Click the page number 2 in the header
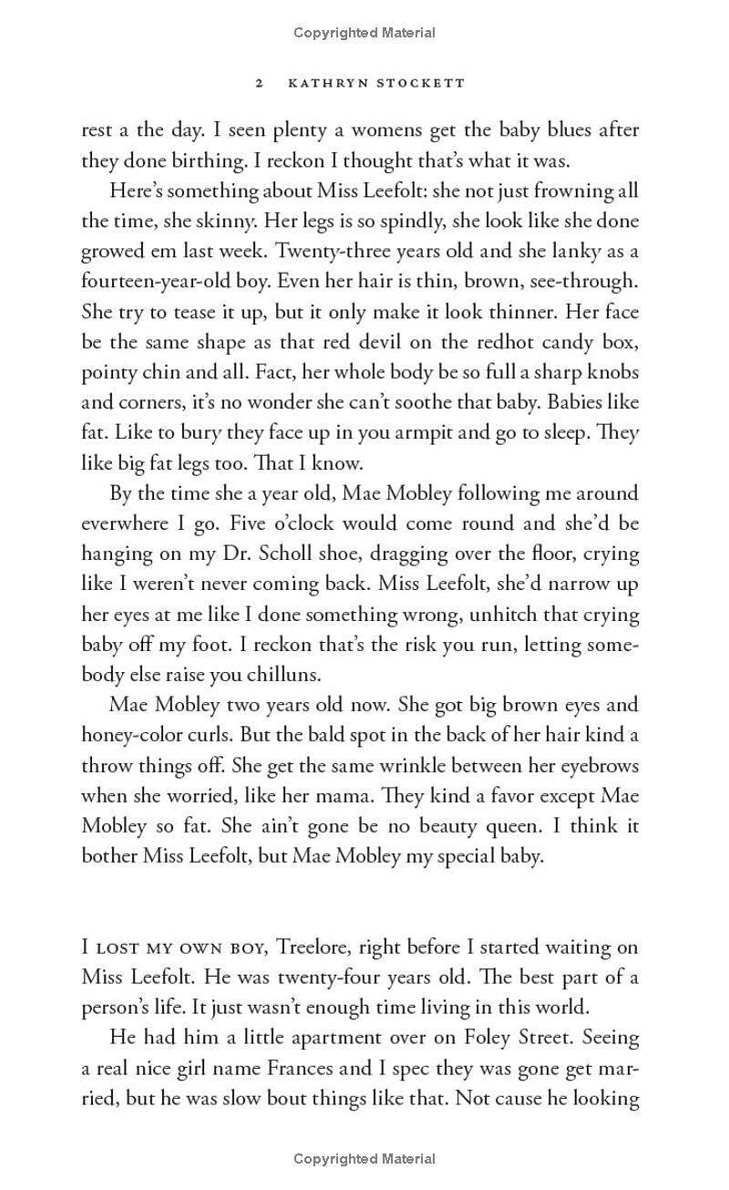(x=260, y=83)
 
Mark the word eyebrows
(x=597, y=765)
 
